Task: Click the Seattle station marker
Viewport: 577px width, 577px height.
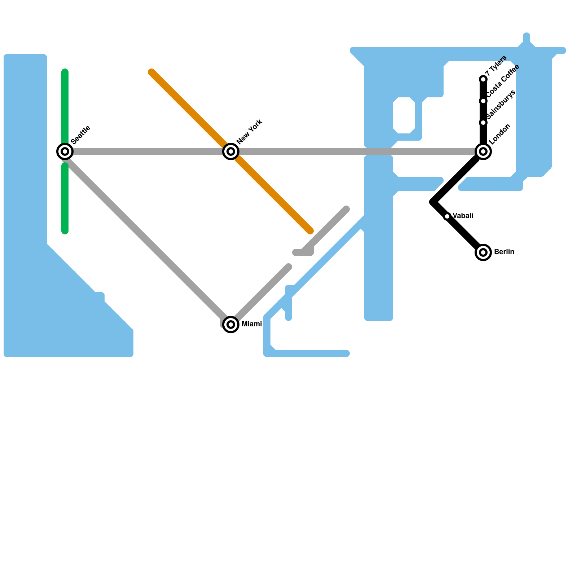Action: pyautogui.click(x=65, y=151)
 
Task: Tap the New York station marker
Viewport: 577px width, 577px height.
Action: pyautogui.click(x=231, y=151)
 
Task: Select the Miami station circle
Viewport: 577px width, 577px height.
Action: pyautogui.click(x=231, y=324)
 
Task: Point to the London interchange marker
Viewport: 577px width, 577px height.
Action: pyautogui.click(x=483, y=151)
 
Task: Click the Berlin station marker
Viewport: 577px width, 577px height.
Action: pyautogui.click(x=483, y=252)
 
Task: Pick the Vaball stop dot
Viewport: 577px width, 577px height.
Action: pyautogui.click(x=447, y=216)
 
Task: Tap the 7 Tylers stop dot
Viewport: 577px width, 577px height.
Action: pyautogui.click(x=483, y=79)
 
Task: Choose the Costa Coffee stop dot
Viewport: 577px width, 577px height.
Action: pyautogui.click(x=483, y=101)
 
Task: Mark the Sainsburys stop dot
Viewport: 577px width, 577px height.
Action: pyautogui.click(x=483, y=123)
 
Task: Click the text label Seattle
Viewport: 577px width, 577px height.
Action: pyautogui.click(x=81, y=135)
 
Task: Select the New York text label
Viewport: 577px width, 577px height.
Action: pyautogui.click(x=250, y=132)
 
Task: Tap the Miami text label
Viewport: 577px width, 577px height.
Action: pyautogui.click(x=252, y=324)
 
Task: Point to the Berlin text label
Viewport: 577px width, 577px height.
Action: pyautogui.click(x=504, y=252)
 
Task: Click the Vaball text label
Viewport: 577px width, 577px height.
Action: pyautogui.click(x=463, y=216)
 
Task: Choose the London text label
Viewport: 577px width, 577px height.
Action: pyautogui.click(x=500, y=134)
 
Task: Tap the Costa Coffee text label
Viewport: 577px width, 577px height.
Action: pyautogui.click(x=503, y=81)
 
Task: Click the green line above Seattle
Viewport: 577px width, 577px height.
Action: pyautogui.click(x=65, y=108)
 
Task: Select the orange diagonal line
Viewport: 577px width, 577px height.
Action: pyautogui.click(x=188, y=108)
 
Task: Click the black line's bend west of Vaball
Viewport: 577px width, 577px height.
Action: pyautogui.click(x=433, y=202)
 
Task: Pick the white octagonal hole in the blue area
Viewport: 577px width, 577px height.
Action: pyautogui.click(x=404, y=115)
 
